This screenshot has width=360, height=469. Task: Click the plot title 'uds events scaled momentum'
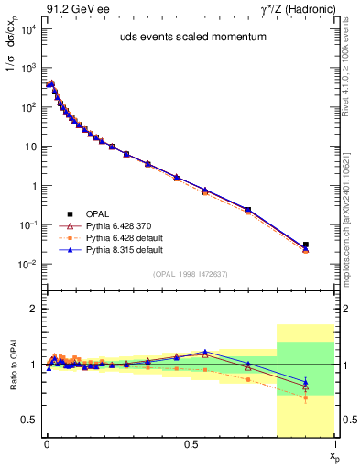pyautogui.click(x=189, y=38)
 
